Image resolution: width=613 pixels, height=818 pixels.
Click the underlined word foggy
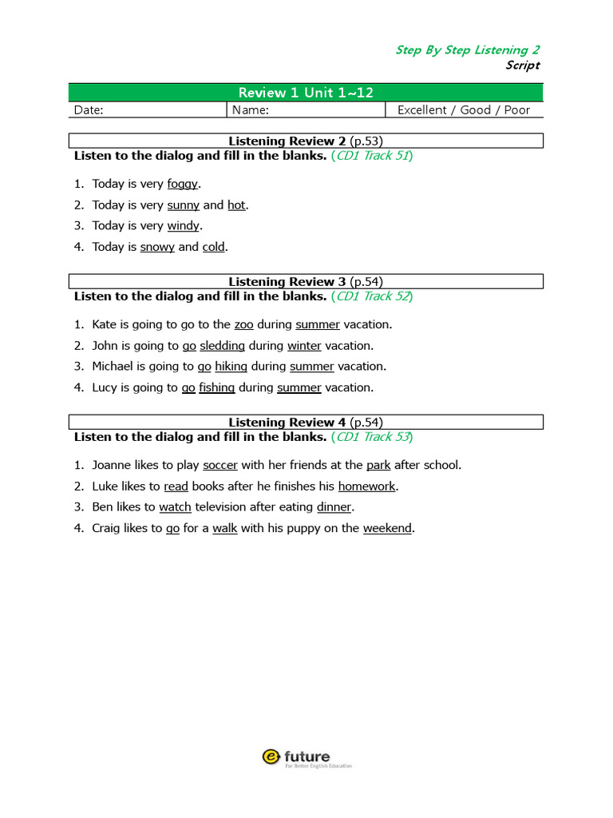[x=182, y=185]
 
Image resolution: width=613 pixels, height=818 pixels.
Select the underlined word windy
[x=184, y=226]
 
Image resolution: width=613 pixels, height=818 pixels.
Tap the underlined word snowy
[x=157, y=247]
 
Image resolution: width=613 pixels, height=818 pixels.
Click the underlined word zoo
[x=243, y=325]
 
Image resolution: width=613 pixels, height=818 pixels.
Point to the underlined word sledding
[x=223, y=346]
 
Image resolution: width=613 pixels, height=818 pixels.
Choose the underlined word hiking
[x=231, y=367]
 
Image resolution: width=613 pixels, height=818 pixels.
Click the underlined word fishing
[x=217, y=387]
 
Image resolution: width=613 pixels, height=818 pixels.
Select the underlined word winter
[x=304, y=346]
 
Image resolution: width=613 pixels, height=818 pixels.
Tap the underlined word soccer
[x=220, y=465]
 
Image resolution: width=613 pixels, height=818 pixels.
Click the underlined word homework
[x=366, y=486]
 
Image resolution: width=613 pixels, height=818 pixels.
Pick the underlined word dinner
[x=334, y=506]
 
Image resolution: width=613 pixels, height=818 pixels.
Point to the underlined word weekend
[x=387, y=528]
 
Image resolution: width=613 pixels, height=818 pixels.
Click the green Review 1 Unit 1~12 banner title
[x=306, y=93]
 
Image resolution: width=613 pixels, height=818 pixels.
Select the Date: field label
[x=89, y=110]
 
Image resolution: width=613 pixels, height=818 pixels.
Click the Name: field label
[x=251, y=110]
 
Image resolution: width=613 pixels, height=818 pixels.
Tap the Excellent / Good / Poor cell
[x=463, y=110]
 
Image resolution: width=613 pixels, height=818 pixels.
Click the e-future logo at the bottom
[x=306, y=757]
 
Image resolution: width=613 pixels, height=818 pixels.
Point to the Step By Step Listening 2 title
[x=467, y=50]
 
